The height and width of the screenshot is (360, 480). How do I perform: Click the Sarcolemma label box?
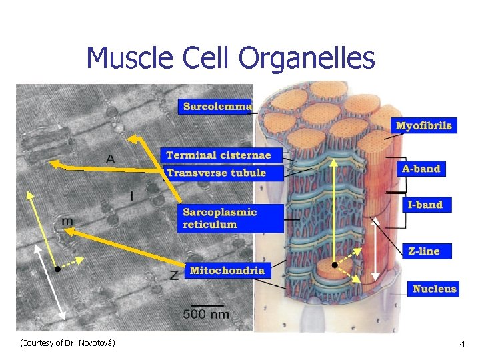click(x=217, y=106)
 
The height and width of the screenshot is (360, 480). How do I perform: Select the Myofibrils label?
click(x=424, y=125)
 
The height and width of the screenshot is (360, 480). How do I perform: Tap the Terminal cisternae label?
click(x=219, y=155)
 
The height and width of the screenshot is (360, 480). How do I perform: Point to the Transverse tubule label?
click(x=216, y=173)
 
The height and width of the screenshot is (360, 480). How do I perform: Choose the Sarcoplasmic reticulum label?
click(x=220, y=218)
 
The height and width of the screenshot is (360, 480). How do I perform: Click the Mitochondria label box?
click(x=227, y=270)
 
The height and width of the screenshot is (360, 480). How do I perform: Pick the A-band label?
click(x=421, y=169)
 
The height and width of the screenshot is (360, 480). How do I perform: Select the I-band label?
click(x=425, y=204)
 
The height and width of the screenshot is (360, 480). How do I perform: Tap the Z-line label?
click(x=424, y=251)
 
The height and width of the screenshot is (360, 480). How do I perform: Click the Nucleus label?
click(x=435, y=289)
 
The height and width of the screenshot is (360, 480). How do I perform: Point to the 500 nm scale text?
click(x=206, y=314)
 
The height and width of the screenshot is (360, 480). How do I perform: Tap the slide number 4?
click(x=462, y=343)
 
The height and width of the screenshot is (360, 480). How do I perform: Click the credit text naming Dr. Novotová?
click(x=68, y=343)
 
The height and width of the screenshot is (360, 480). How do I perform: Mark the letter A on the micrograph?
click(x=110, y=159)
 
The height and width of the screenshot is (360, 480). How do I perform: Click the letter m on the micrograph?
click(x=67, y=221)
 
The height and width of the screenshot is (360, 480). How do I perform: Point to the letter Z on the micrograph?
click(x=173, y=275)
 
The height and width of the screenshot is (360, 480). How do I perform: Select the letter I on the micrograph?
click(x=132, y=196)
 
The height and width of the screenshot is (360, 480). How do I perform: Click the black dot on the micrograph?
click(x=58, y=269)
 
